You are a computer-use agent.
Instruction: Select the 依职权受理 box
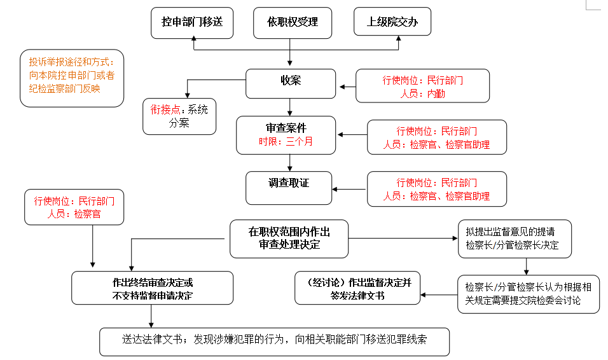[x=293, y=22]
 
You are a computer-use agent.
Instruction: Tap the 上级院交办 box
[x=392, y=22]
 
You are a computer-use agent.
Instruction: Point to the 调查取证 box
[x=289, y=187]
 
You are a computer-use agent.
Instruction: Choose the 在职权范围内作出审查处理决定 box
[x=289, y=239]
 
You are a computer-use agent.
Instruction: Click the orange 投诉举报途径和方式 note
[x=71, y=76]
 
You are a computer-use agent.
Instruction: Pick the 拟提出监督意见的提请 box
[x=506, y=239]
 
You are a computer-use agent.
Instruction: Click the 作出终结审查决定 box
[x=152, y=288]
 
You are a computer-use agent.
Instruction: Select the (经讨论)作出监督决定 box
[x=357, y=288]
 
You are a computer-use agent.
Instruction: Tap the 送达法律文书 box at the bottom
[x=274, y=341]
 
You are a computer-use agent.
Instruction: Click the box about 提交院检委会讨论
[x=528, y=293]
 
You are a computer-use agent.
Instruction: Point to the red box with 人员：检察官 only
[x=74, y=207]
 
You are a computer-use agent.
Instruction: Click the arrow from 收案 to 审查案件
[x=290, y=107]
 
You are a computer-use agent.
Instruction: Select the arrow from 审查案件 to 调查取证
[x=290, y=162]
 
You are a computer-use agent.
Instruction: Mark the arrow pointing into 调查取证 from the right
[x=350, y=189]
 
